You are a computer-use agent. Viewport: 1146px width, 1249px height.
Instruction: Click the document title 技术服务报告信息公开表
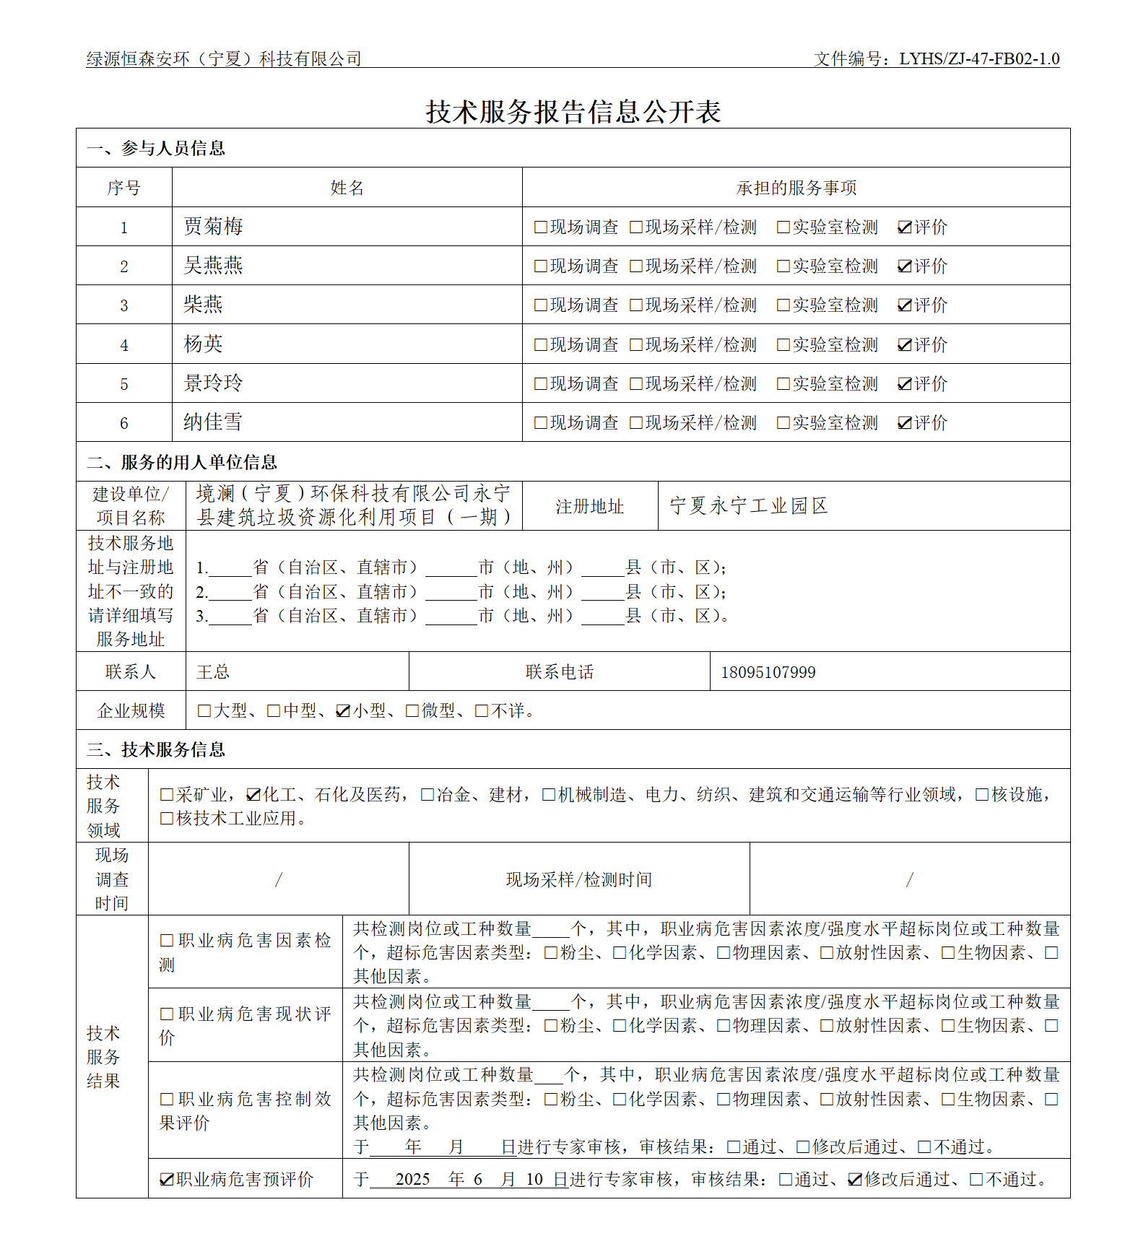[573, 112]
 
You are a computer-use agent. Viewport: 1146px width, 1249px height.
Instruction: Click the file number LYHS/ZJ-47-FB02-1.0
[978, 58]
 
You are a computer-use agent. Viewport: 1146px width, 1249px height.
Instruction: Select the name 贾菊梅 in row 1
[213, 227]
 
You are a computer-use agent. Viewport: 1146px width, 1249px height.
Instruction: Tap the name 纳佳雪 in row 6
[213, 422]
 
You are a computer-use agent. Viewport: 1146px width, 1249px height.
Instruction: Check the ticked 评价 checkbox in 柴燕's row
[904, 305]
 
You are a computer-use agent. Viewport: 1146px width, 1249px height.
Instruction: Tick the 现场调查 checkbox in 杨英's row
[540, 345]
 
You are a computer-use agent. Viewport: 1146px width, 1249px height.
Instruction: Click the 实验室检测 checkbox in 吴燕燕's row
[783, 266]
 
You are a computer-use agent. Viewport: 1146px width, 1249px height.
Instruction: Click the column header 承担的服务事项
[796, 188]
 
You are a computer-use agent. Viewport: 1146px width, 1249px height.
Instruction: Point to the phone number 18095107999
[768, 672]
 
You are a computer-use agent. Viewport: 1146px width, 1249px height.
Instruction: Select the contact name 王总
[213, 672]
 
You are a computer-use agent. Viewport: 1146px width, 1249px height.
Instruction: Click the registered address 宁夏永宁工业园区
[748, 505]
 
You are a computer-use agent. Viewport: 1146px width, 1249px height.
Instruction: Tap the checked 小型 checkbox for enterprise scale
[343, 711]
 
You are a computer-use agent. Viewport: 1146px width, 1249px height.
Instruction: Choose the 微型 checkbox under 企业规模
[412, 711]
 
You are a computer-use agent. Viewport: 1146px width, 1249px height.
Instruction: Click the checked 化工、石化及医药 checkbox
[253, 795]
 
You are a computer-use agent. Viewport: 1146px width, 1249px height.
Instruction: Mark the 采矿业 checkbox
[166, 795]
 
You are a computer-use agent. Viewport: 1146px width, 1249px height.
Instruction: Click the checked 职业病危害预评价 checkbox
[166, 1180]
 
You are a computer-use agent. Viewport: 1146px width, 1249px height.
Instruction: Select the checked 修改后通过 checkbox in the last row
[855, 1180]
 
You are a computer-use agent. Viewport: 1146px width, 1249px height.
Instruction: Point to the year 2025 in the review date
[412, 1180]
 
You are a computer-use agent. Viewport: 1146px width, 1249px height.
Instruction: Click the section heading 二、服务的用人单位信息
[182, 462]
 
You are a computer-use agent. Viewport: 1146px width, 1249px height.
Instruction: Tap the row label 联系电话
[559, 672]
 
